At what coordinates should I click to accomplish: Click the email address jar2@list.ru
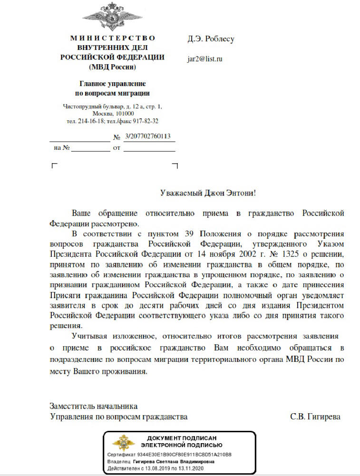pyautogui.click(x=205, y=59)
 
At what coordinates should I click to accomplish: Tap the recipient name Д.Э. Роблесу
pyautogui.click(x=211, y=39)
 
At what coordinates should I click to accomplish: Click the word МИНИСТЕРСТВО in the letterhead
pyautogui.click(x=113, y=38)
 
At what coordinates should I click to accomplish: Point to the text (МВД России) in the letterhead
pyautogui.click(x=113, y=67)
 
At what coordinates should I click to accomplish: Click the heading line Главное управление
pyautogui.click(x=113, y=84)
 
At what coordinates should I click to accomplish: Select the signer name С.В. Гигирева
pyautogui.click(x=315, y=417)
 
